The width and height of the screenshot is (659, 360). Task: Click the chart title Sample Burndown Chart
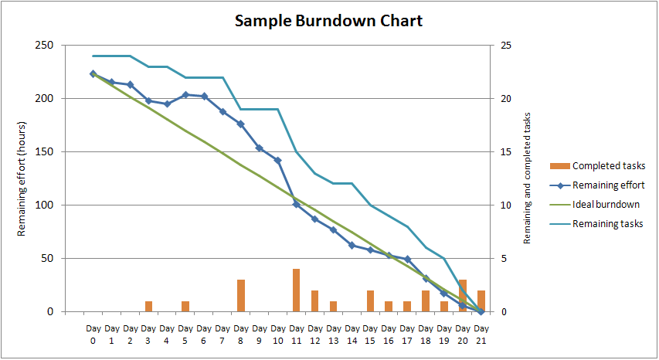[329, 21]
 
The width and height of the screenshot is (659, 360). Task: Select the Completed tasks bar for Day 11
[297, 290]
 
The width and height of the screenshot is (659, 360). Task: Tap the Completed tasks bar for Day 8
[241, 296]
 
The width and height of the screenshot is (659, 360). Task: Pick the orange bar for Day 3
[148, 307]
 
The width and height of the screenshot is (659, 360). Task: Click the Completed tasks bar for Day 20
[463, 296]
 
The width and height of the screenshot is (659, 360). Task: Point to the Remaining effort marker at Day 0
[93, 74]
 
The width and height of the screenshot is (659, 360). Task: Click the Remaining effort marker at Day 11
[297, 204]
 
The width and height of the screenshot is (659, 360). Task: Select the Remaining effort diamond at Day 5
[185, 95]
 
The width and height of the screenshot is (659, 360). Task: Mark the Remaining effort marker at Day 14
[352, 245]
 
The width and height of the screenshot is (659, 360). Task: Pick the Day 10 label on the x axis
[278, 335]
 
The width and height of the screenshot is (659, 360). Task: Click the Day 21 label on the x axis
[481, 335]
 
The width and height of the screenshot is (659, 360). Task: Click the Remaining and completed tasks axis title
[528, 178]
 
